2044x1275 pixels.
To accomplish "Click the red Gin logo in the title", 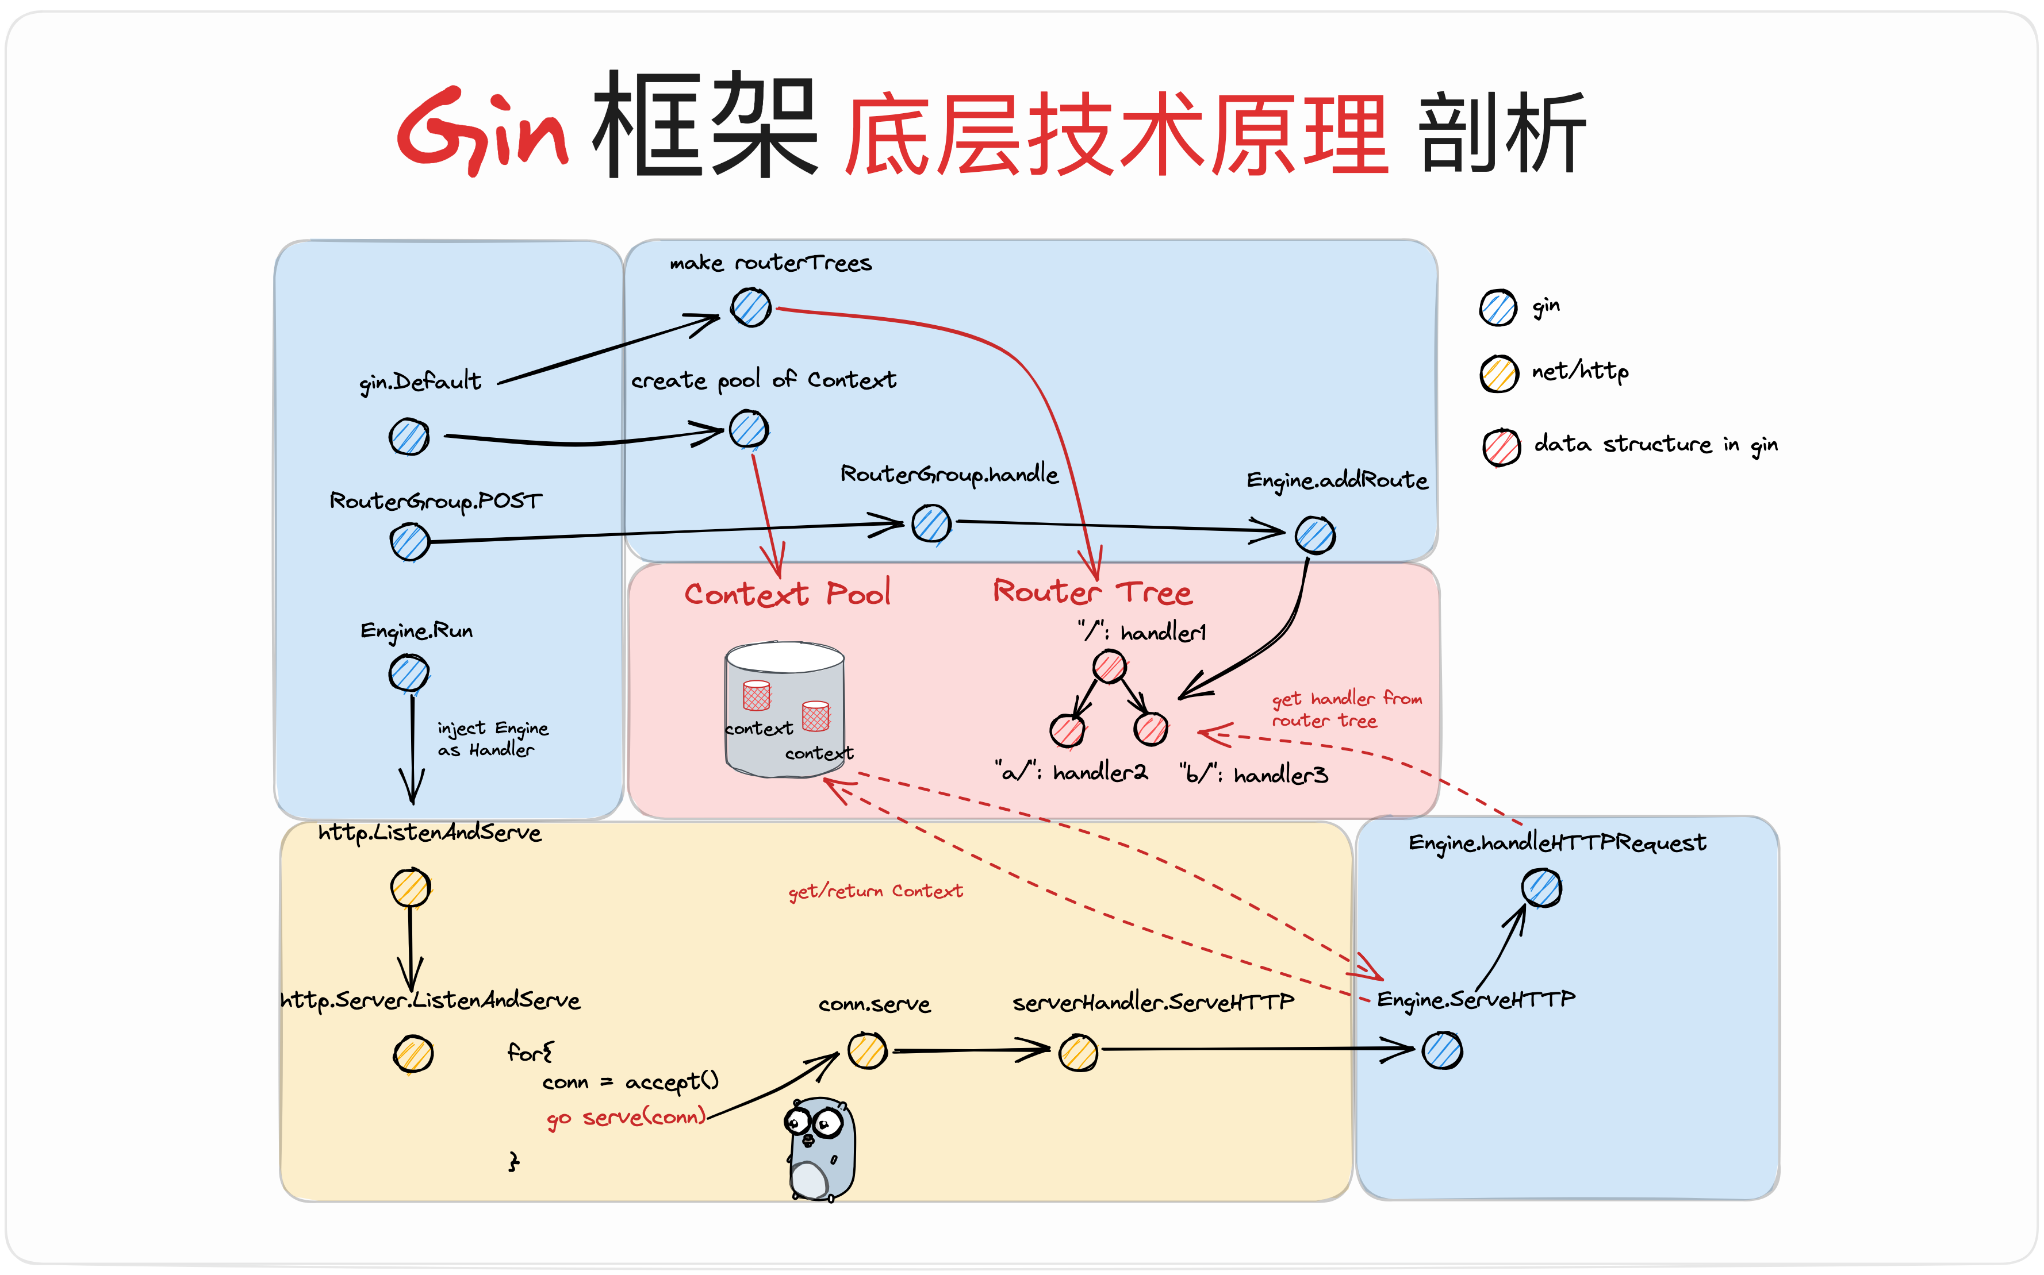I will (x=481, y=130).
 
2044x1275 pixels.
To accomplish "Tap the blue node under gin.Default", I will (x=409, y=437).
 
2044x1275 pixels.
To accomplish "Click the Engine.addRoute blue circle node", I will (x=1314, y=534).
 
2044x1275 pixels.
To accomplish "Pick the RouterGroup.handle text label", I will (x=949, y=475).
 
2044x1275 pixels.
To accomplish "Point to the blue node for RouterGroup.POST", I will (x=410, y=541).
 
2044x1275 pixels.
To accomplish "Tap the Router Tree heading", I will (x=1092, y=592).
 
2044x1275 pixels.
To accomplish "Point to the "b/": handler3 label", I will (x=1253, y=774).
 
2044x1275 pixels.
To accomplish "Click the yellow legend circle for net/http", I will (x=1499, y=373).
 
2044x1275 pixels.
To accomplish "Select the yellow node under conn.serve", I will (x=867, y=1051).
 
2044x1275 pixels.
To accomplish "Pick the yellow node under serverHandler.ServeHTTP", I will (x=1078, y=1053).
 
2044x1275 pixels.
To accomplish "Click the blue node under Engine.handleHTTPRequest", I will (x=1541, y=888).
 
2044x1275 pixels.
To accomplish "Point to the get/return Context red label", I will (x=875, y=891).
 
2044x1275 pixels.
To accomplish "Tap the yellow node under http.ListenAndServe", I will (x=411, y=887).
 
